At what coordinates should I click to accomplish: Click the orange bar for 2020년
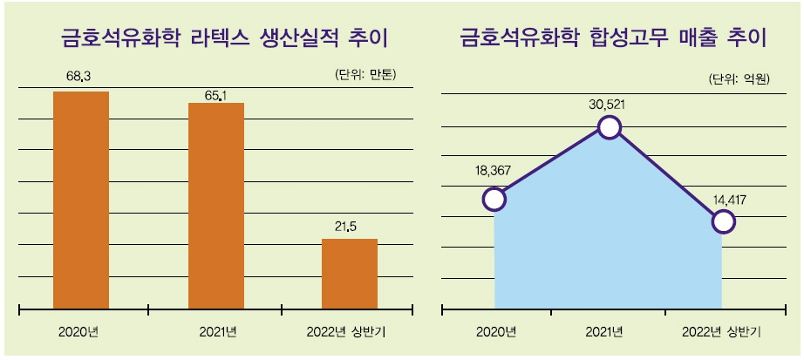(81, 200)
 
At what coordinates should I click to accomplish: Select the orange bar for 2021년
(216, 206)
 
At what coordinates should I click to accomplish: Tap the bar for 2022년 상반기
(350, 273)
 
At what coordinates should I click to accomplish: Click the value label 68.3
(80, 77)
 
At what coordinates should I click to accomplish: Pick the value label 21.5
(346, 226)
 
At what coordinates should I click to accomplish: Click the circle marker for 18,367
(494, 199)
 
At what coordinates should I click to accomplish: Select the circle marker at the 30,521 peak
(609, 128)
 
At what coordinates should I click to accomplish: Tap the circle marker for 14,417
(723, 221)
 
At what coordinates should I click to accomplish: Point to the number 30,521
(608, 104)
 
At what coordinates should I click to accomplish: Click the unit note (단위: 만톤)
(365, 75)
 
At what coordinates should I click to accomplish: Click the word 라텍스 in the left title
(223, 38)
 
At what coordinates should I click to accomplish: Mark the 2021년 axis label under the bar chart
(216, 331)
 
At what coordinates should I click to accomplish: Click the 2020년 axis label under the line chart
(496, 331)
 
